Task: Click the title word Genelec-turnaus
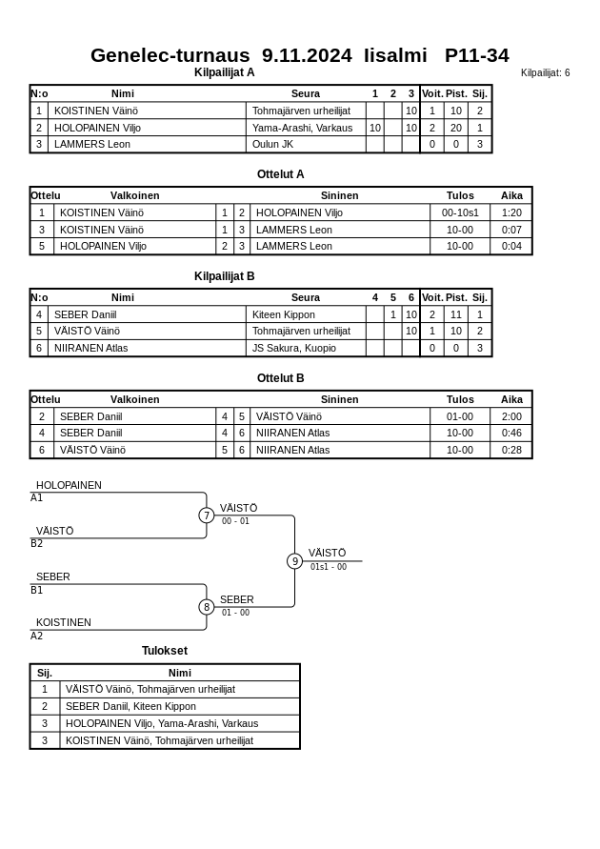coord(170,55)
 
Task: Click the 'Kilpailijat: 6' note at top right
coord(545,73)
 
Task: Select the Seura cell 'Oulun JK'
coord(272,145)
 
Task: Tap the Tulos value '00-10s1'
coord(460,213)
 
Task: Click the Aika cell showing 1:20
coord(511,213)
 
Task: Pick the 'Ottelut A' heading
coord(280,174)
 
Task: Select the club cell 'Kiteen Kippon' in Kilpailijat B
coord(283,314)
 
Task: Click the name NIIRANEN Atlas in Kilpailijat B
coord(90,348)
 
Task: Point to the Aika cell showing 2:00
coord(511,416)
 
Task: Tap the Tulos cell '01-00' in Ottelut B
coord(460,416)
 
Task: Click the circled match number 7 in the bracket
coord(207,515)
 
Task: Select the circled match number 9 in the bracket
coord(295,561)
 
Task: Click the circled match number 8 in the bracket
coord(207,607)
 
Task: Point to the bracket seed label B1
coord(37,591)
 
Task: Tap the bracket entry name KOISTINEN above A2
coord(64,622)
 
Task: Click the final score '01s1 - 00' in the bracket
coord(329,567)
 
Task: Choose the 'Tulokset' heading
coord(165,651)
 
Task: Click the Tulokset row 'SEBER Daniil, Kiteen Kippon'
coord(130,706)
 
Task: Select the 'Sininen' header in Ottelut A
coord(339,195)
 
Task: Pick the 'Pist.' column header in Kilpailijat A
coord(456,93)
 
